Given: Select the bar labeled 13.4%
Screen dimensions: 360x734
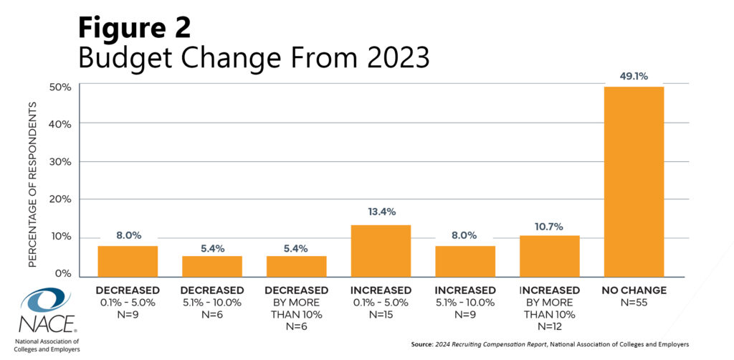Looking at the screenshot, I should click(381, 251).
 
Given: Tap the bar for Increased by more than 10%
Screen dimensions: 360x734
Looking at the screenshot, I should click(549, 256).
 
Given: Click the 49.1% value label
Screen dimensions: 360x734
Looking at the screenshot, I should click(634, 76).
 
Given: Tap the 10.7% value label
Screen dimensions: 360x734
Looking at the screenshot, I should click(549, 224).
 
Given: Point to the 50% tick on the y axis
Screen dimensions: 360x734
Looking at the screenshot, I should click(59, 87).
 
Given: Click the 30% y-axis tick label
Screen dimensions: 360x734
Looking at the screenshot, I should click(59, 162).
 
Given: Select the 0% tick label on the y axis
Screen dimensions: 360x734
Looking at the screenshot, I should click(62, 274).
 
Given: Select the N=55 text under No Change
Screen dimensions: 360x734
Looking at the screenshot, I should click(634, 302).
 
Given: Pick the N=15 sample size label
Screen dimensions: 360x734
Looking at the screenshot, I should click(381, 314).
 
